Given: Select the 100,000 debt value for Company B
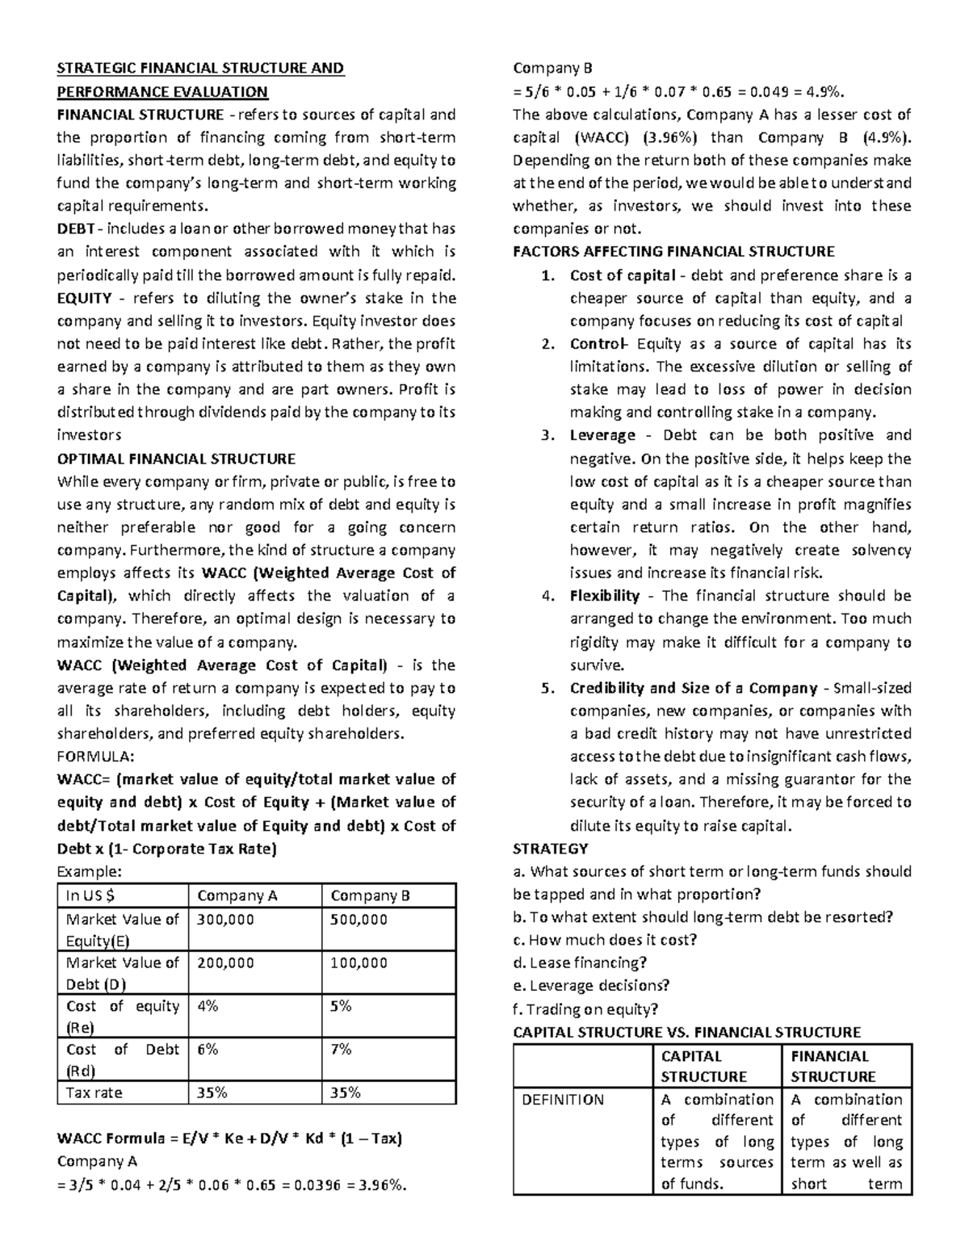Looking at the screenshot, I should click(x=359, y=963).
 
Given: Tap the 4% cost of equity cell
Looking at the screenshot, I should click(x=208, y=1006).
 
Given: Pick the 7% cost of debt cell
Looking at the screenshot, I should click(x=341, y=1049).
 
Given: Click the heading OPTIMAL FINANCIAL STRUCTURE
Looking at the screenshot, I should click(x=176, y=459).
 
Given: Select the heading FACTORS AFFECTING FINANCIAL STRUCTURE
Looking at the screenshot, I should click(x=673, y=251).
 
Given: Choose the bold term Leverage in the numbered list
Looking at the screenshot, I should click(x=602, y=435).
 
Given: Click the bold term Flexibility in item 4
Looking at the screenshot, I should click(x=604, y=596).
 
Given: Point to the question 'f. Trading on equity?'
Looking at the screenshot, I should click(x=585, y=1009).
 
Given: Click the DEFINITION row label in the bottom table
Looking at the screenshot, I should click(x=563, y=1100).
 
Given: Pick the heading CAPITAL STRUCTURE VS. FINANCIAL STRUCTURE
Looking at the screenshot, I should click(x=686, y=1032).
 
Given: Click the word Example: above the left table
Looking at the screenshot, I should click(x=89, y=871).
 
